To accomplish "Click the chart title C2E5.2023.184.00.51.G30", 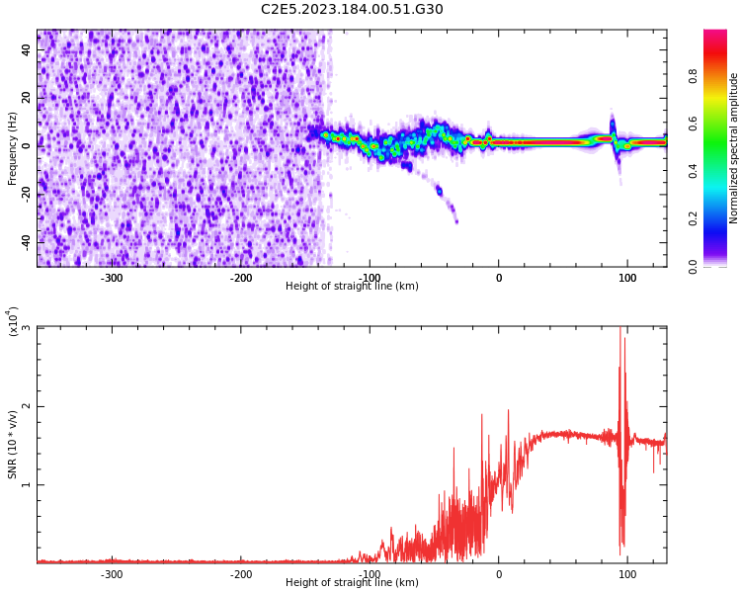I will click(352, 10).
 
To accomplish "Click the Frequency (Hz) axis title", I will click(13, 148).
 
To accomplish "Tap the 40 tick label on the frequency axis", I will click(27, 49).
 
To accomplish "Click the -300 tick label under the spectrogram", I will click(112, 278).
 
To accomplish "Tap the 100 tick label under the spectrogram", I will click(627, 278).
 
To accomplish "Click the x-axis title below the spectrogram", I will click(352, 287).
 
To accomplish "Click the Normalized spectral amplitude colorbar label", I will click(734, 148).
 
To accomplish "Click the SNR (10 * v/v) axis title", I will click(13, 445).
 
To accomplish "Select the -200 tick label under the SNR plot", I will click(241, 574).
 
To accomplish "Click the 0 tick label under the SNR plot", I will click(498, 574).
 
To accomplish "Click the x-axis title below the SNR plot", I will click(352, 583).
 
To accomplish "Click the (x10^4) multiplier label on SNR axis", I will click(13, 321).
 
